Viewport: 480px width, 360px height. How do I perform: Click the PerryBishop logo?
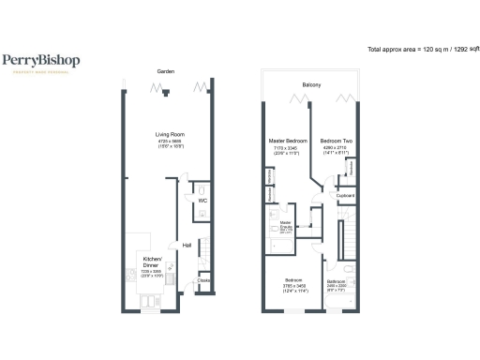40,61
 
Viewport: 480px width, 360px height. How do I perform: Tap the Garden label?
168,71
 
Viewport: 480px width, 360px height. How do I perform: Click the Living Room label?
169,135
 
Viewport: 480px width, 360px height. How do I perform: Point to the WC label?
202,200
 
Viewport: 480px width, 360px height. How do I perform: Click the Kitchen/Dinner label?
151,261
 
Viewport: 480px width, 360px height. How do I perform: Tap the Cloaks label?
204,279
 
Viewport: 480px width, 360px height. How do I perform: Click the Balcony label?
312,85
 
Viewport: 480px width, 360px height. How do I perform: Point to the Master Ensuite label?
286,225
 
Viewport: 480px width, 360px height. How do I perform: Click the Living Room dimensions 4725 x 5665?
169,142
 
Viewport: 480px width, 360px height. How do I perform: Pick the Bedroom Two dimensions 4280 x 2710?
335,147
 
